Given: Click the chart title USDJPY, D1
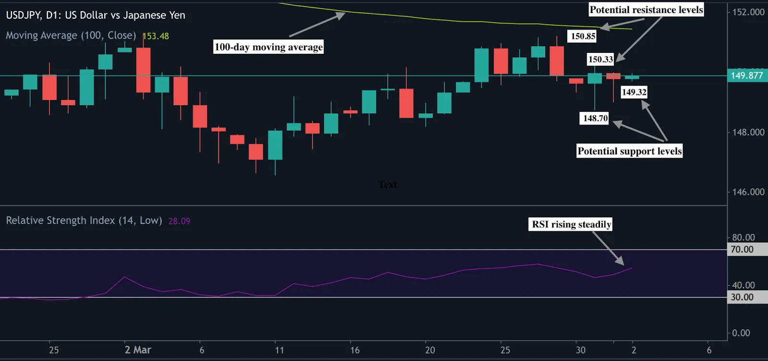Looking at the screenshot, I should click(x=95, y=15).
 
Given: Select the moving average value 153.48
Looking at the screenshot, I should click(x=156, y=36).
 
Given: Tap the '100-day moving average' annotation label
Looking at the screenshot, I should click(x=268, y=47).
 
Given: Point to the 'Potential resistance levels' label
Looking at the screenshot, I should click(x=646, y=10).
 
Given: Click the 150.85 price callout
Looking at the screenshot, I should click(x=583, y=36).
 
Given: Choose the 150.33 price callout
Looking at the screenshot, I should click(x=600, y=59).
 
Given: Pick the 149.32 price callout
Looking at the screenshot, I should click(x=634, y=92).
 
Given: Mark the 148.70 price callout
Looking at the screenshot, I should click(x=595, y=118).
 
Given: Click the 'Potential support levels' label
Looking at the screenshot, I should click(x=629, y=151).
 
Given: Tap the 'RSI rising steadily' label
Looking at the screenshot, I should click(x=571, y=224).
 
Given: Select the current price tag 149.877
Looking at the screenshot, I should click(x=746, y=75).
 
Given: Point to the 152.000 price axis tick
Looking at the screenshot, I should click(x=748, y=12).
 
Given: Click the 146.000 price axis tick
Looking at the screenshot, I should click(x=748, y=192).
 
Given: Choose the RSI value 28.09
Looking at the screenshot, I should click(x=179, y=221).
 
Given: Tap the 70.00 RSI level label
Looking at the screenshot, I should click(x=742, y=249).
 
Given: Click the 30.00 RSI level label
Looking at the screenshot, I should click(x=742, y=297).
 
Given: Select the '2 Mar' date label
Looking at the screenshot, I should click(x=138, y=350).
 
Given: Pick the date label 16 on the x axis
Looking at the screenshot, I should click(x=355, y=350).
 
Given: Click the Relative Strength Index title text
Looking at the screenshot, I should click(x=84, y=221).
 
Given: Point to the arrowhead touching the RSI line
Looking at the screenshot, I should click(x=621, y=262).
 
